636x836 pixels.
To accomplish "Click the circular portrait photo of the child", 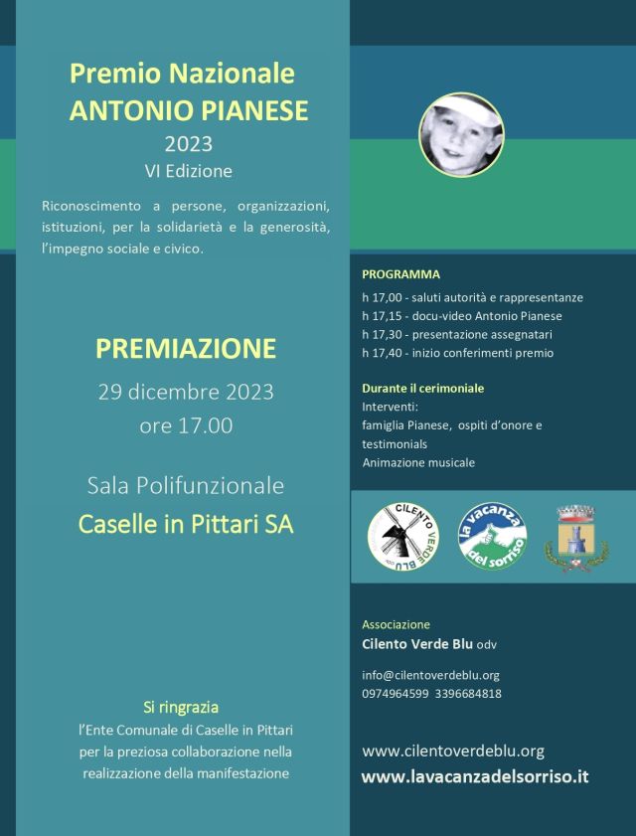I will point(460,134).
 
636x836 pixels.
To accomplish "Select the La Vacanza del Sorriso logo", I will point(491,537).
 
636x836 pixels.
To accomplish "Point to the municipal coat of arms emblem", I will point(574,537).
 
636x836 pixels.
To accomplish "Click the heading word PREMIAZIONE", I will point(186,349).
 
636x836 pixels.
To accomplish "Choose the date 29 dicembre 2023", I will point(186,391).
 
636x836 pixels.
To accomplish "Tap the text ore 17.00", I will point(186,425).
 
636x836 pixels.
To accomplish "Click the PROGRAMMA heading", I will point(400,273).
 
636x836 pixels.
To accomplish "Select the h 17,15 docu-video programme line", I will point(462,315).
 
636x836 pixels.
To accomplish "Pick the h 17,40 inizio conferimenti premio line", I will point(458,352).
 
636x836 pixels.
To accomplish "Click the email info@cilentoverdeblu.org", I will point(430,675).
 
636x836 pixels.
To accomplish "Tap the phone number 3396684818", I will point(466,693).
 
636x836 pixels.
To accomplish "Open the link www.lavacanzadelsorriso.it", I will point(475,776).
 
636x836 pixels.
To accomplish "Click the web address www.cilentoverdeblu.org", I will point(453,751).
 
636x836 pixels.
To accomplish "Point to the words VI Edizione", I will point(188,170).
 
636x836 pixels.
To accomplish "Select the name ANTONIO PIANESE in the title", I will point(189,109).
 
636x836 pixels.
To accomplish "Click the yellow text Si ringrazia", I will point(181,708).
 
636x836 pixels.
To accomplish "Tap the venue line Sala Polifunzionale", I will point(186,486).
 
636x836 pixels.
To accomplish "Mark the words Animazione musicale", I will point(418,462).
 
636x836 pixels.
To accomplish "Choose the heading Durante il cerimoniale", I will point(423,388).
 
